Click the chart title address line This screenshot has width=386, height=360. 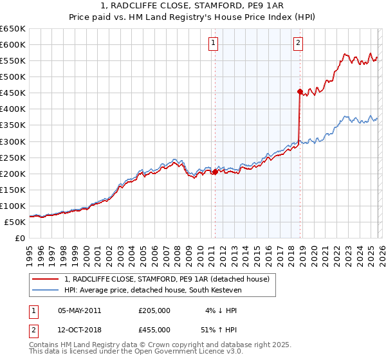coord(192,6)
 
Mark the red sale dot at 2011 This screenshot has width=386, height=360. coord(215,172)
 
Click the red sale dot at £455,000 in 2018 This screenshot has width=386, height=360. coord(300,91)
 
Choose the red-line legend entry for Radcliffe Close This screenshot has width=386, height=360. coord(170,278)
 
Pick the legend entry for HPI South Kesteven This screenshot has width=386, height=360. coord(151,289)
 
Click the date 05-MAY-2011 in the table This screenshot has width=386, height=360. coord(79,310)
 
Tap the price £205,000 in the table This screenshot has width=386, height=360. coord(154,310)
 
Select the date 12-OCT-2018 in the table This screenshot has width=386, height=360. coord(79,329)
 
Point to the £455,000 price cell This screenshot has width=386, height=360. coord(154,329)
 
